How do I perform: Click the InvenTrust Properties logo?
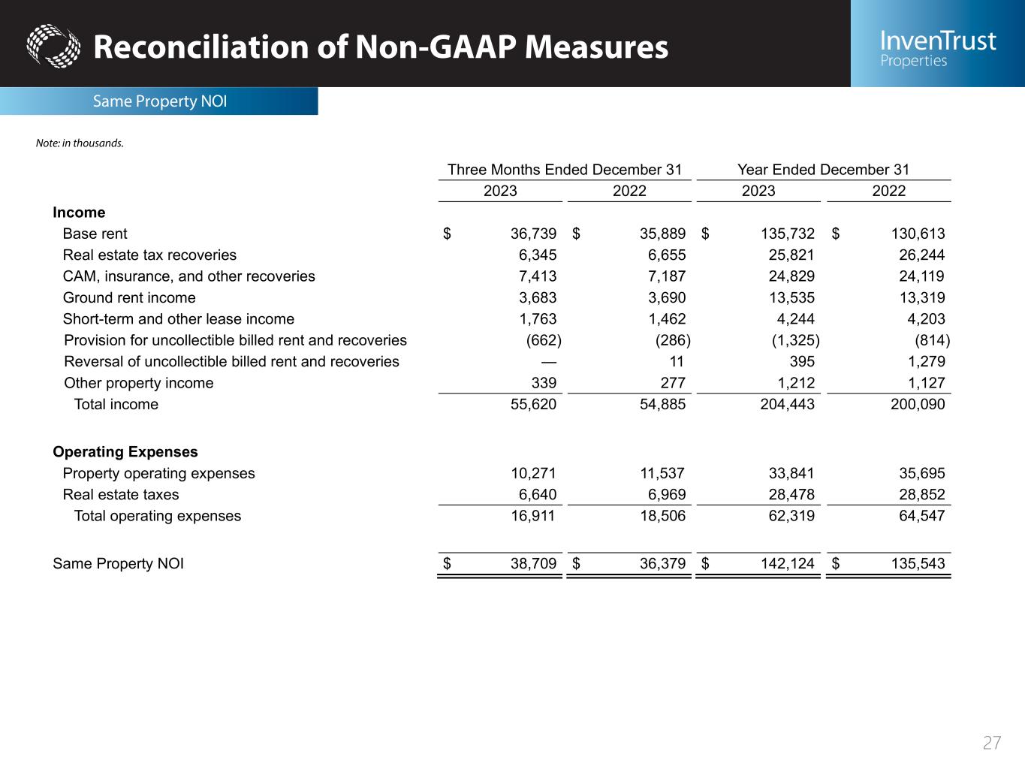click(938, 48)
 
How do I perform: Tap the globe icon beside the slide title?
click(53, 47)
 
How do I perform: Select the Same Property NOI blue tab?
click(159, 101)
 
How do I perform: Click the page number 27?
click(992, 743)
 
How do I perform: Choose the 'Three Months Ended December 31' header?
click(564, 170)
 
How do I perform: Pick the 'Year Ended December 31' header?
click(823, 170)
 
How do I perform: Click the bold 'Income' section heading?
click(79, 213)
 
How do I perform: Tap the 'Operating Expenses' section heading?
click(125, 452)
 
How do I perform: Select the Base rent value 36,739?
click(533, 234)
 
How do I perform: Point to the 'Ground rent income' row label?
click(129, 297)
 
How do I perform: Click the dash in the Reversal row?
click(548, 362)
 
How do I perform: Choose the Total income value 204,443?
click(787, 404)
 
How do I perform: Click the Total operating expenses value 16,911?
click(533, 516)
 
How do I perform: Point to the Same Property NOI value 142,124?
click(787, 564)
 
